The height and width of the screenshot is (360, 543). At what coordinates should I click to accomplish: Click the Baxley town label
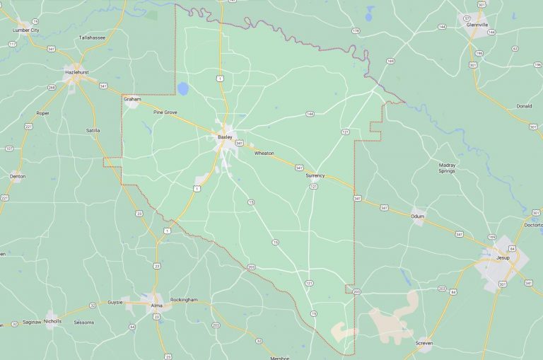[225, 137]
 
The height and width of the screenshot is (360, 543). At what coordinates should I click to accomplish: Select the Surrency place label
[315, 175]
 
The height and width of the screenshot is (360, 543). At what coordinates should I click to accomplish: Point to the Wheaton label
[264, 153]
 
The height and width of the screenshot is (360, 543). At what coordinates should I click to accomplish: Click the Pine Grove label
[165, 112]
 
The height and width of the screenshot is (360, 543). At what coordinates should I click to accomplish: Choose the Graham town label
[132, 99]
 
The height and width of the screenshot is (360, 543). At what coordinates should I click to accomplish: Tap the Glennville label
[477, 24]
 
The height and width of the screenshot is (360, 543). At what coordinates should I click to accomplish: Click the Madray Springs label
[447, 168]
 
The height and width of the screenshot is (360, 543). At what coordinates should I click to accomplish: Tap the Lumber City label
[24, 30]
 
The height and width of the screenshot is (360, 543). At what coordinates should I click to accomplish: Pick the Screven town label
[424, 343]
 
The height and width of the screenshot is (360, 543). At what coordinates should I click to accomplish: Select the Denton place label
[18, 176]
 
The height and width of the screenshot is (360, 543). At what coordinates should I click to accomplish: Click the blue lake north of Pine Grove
[183, 89]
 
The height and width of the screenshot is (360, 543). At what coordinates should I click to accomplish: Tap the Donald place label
[523, 106]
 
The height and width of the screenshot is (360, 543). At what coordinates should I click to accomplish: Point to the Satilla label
[93, 130]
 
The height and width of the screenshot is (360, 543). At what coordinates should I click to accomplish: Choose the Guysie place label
[115, 302]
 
